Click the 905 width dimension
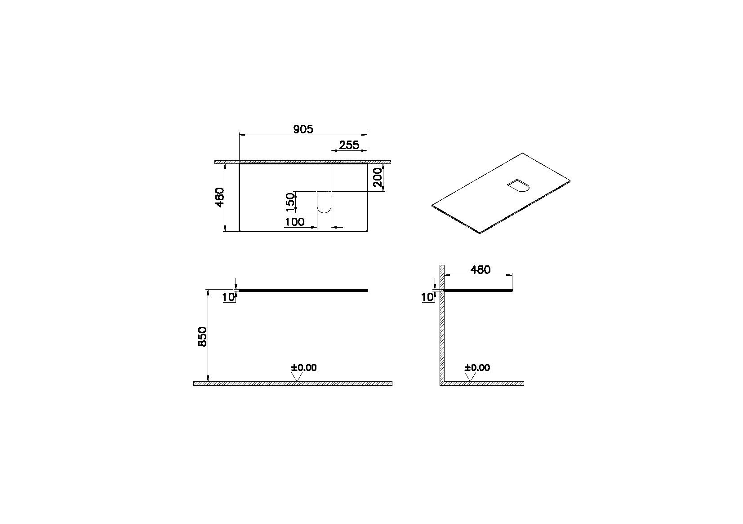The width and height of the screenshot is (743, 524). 303,129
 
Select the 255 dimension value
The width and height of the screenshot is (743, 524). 349,145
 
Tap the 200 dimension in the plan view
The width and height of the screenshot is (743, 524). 378,178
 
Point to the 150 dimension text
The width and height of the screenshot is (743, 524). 290,202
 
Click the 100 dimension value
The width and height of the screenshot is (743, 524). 294,222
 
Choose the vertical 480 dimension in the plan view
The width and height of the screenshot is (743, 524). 220,197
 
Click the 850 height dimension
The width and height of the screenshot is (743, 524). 202,336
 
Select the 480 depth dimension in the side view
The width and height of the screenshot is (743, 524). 480,270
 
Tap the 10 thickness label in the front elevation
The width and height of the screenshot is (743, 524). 228,297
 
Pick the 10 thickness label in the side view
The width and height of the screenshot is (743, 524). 427,297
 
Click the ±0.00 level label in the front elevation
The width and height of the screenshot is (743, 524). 304,368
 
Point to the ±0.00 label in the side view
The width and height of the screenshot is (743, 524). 477,368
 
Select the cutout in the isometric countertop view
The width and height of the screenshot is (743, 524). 520,185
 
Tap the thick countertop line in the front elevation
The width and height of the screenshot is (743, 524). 303,291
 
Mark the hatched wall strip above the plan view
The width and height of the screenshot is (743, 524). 303,162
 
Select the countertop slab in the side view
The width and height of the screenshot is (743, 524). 478,291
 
